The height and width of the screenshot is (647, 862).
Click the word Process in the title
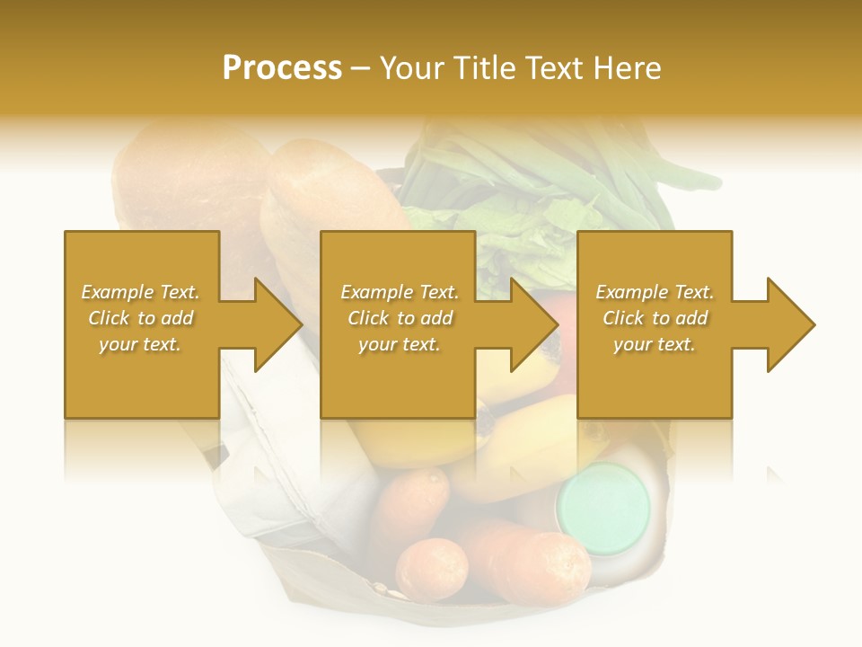[282, 68]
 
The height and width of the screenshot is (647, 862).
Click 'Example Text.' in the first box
[140, 292]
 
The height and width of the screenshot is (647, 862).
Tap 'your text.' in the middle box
[399, 344]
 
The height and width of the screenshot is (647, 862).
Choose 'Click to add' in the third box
[655, 318]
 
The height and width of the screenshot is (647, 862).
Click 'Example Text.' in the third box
[655, 292]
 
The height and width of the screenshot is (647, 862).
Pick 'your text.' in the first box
[140, 344]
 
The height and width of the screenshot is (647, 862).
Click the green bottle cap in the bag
[603, 501]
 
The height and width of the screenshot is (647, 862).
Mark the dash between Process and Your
[361, 68]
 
